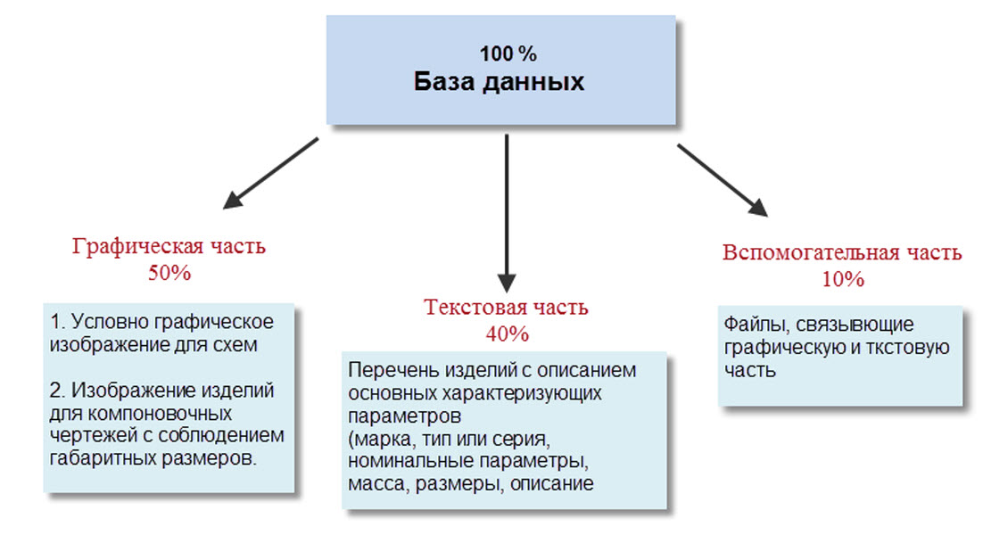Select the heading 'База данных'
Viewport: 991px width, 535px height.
(500, 83)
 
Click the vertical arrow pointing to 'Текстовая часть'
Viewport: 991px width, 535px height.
(507, 210)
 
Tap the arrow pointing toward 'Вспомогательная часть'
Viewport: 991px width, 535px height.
(722, 178)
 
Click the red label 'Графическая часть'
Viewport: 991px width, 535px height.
(169, 247)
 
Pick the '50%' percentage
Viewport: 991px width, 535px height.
(169, 273)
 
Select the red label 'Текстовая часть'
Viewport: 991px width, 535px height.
(506, 309)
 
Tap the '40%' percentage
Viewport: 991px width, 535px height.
(507, 334)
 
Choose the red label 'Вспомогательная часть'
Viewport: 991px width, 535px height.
(842, 252)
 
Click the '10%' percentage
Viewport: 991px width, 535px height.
(843, 278)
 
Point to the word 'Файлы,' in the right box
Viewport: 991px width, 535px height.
(753, 325)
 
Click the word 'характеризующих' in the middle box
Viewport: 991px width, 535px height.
(524, 392)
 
